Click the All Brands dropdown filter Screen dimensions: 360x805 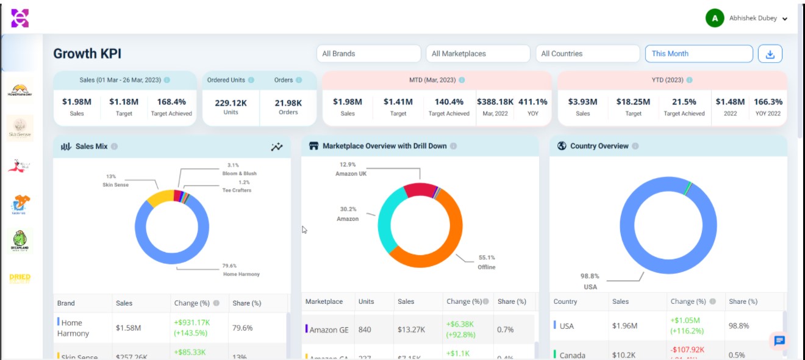[x=368, y=54]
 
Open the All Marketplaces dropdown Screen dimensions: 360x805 [x=478, y=54]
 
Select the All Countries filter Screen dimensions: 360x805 [x=587, y=54]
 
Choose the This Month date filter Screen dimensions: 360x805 [x=698, y=54]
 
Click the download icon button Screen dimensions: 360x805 [x=770, y=54]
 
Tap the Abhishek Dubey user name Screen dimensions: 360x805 [x=753, y=18]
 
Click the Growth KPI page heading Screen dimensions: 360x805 [x=87, y=54]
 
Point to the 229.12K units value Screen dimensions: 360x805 [x=231, y=103]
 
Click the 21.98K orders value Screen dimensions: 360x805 [x=288, y=103]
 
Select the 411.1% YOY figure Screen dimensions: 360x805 [x=532, y=102]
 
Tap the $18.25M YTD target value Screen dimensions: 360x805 [x=633, y=102]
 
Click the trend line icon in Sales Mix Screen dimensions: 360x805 [x=277, y=146]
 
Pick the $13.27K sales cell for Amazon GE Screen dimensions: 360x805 [x=412, y=329]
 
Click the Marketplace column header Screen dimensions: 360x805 [x=324, y=301]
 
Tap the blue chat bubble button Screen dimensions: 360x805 [x=779, y=341]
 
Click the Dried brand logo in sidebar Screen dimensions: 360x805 [x=20, y=278]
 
